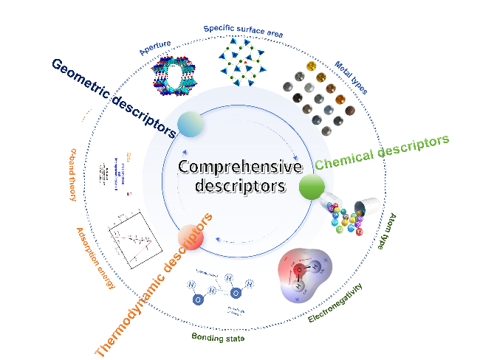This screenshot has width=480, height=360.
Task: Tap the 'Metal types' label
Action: pos(351,77)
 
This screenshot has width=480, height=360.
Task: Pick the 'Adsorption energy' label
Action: pos(95,257)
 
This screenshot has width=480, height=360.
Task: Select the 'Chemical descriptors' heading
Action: pos(382,150)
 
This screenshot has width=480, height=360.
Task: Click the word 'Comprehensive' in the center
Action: pos(240,167)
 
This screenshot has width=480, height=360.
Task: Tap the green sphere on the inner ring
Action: pos(312,187)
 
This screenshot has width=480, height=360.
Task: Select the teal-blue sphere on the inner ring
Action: pos(190,124)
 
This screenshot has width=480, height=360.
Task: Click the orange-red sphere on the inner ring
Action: pos(191,238)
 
